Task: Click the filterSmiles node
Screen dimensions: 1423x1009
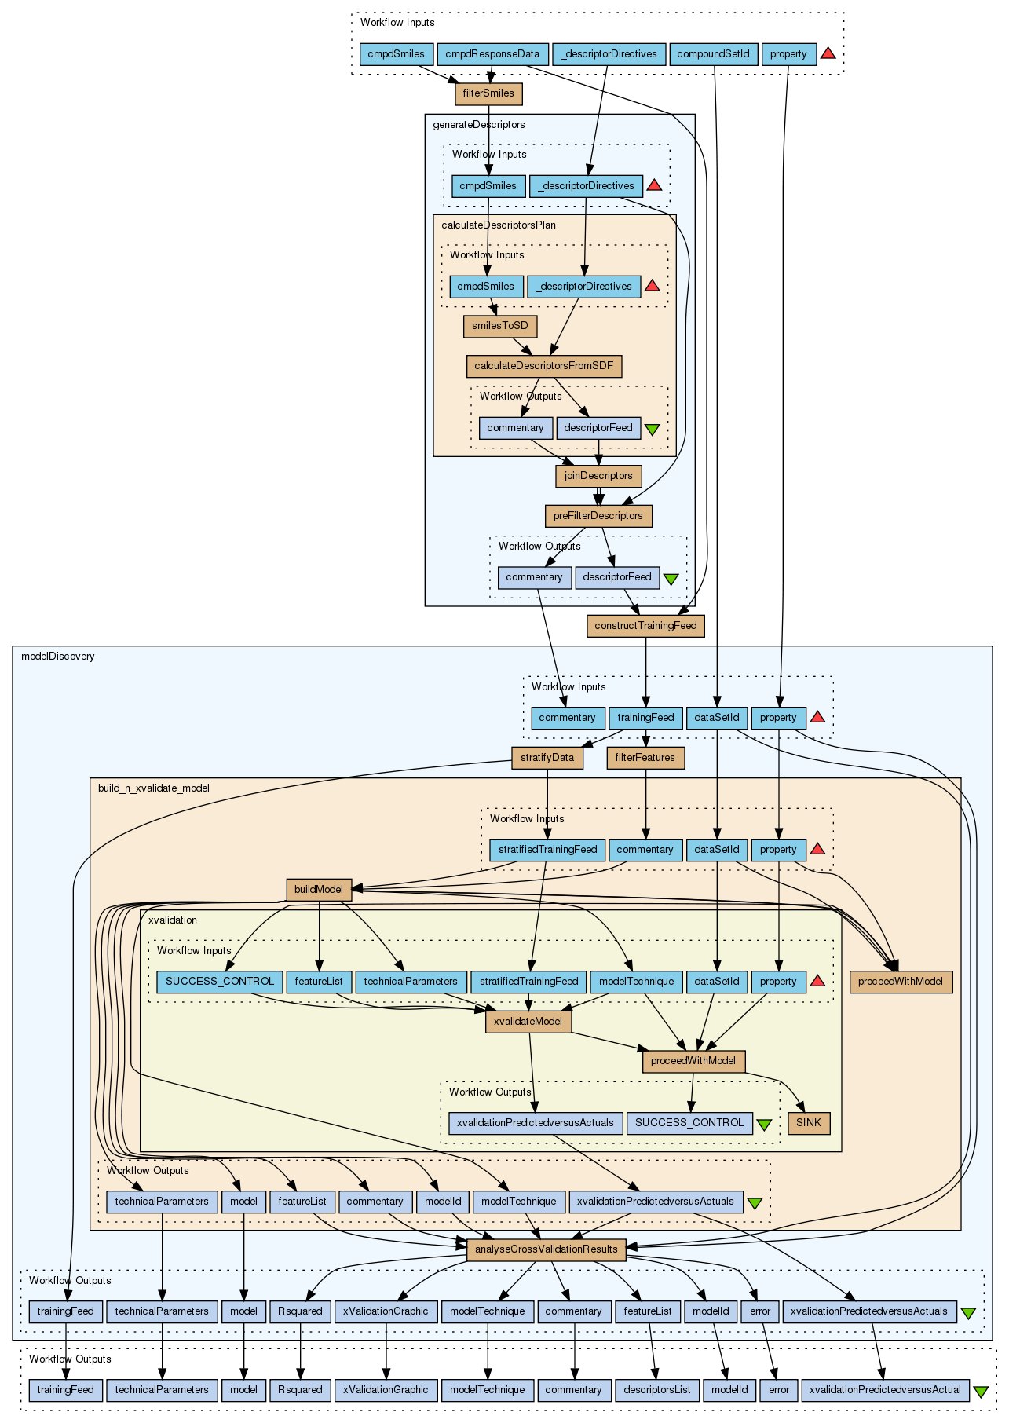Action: pos(488,93)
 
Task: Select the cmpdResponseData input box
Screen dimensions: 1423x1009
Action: pos(492,54)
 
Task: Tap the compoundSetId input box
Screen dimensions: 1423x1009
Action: pos(714,54)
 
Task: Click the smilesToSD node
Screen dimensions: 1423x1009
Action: pos(500,326)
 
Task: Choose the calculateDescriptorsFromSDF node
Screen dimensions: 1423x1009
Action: pos(544,366)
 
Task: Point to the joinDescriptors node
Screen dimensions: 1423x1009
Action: pos(598,476)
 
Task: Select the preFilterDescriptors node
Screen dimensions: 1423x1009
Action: pos(598,516)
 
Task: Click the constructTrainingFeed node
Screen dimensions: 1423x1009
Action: pos(645,626)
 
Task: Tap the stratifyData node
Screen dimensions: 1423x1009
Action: pos(547,758)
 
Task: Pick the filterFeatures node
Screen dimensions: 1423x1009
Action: pos(645,758)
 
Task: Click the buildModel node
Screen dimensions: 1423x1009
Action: pos(319,890)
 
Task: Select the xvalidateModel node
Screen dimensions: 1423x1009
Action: pos(529,1022)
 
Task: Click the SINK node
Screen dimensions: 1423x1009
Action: pos(809,1123)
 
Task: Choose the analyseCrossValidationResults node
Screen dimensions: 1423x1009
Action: pos(546,1249)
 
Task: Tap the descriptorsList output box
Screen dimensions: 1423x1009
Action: pos(656,1390)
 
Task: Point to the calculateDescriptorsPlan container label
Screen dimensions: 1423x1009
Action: pos(499,225)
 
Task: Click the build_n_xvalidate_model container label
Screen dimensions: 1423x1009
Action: pos(154,788)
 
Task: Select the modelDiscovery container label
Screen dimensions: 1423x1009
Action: pos(58,657)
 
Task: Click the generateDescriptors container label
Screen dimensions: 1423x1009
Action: pos(479,125)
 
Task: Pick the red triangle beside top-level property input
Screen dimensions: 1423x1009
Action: pos(828,54)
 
